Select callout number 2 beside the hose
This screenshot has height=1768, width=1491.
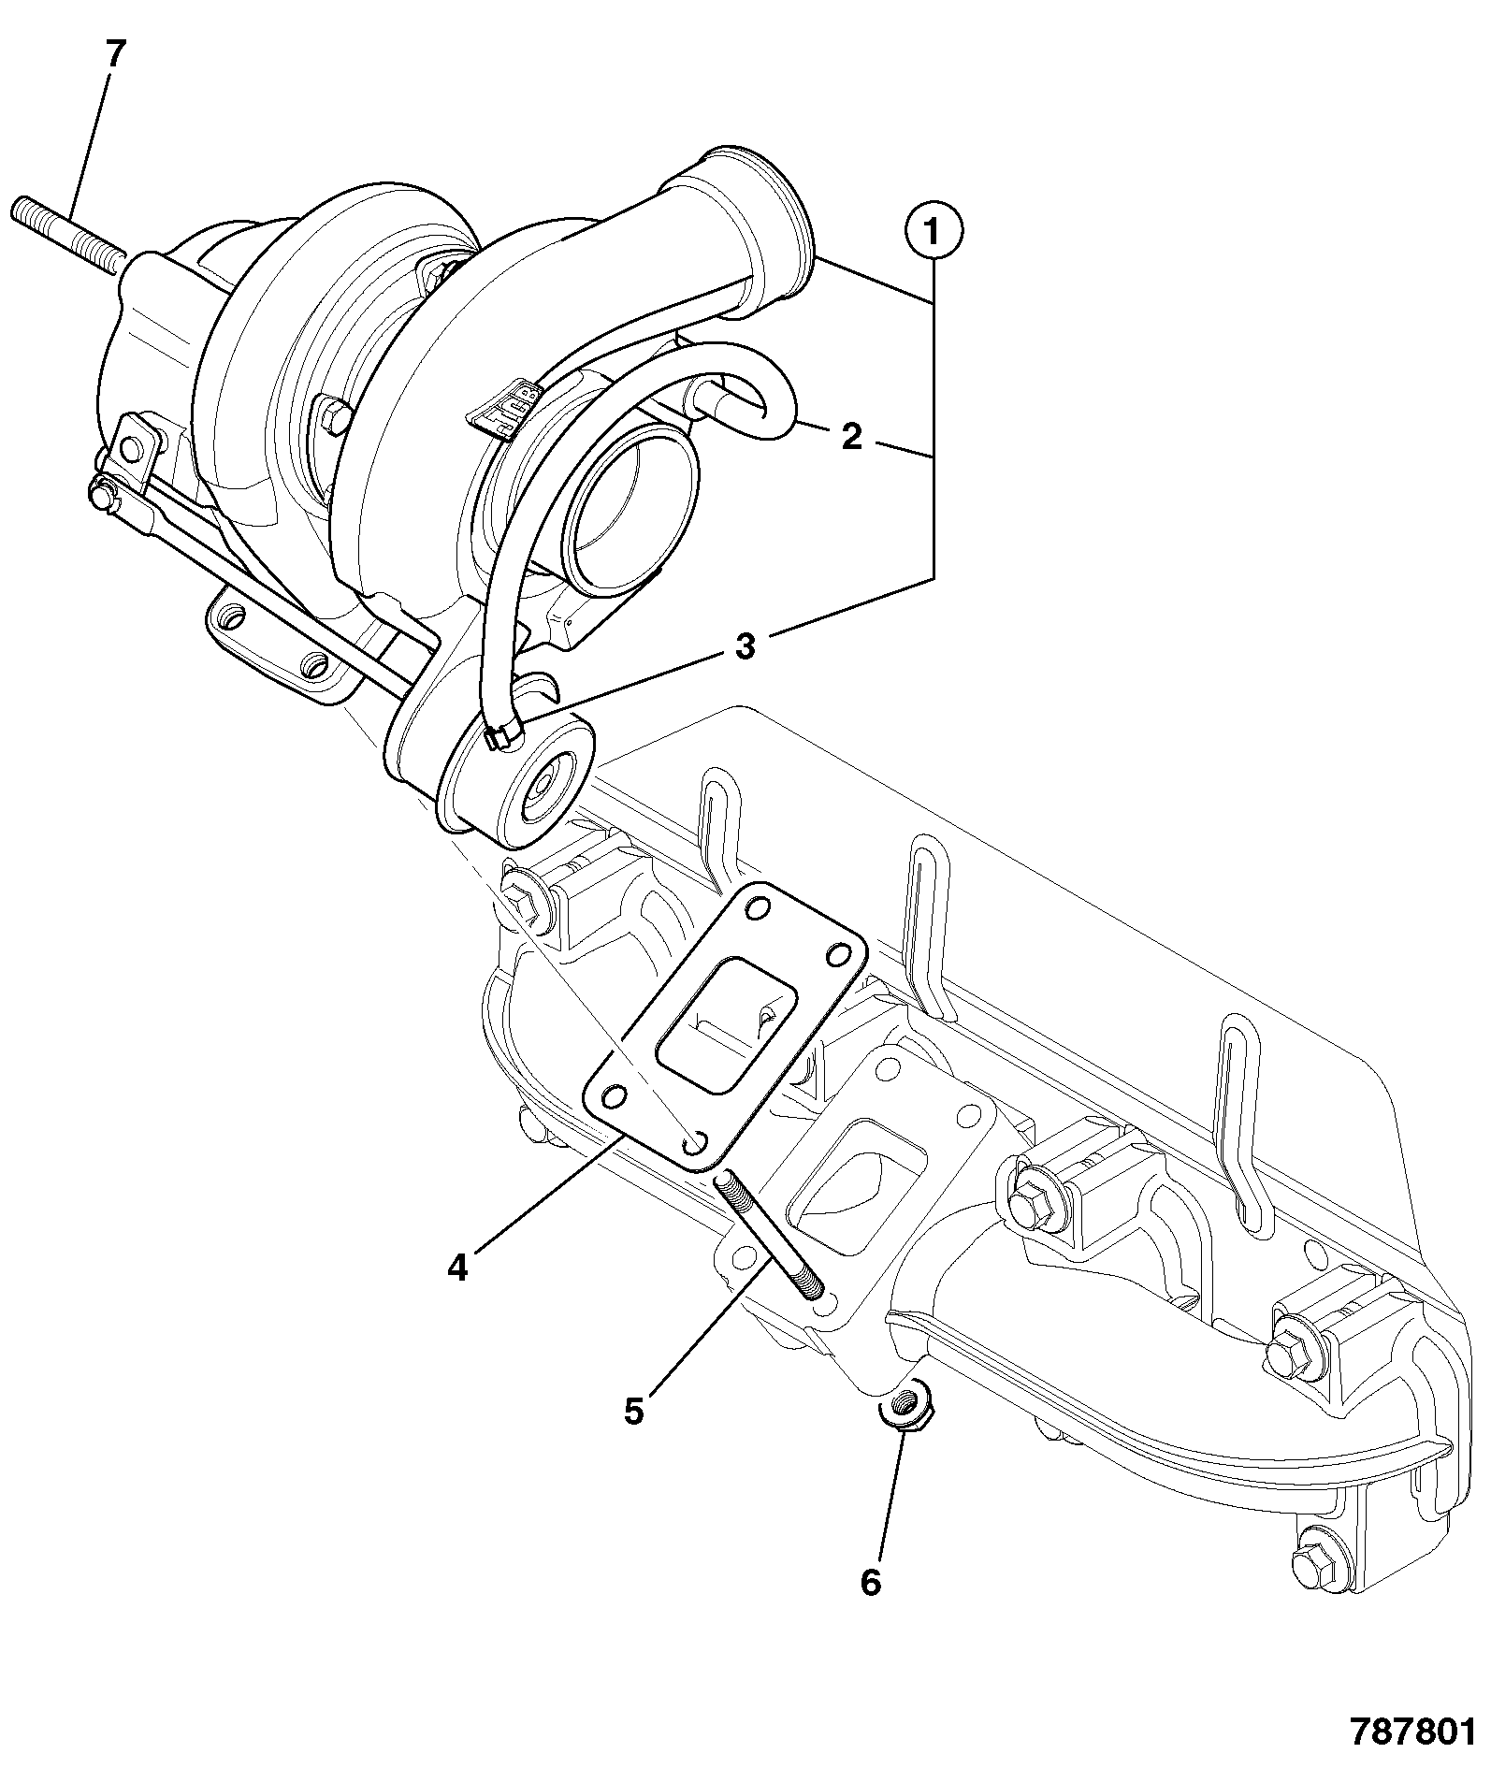851,437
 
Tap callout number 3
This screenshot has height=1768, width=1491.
745,646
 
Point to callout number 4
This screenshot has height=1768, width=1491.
456,1268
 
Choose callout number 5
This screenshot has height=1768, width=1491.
635,1411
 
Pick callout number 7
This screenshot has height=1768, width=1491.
113,54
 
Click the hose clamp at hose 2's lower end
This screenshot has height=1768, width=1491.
502,735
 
